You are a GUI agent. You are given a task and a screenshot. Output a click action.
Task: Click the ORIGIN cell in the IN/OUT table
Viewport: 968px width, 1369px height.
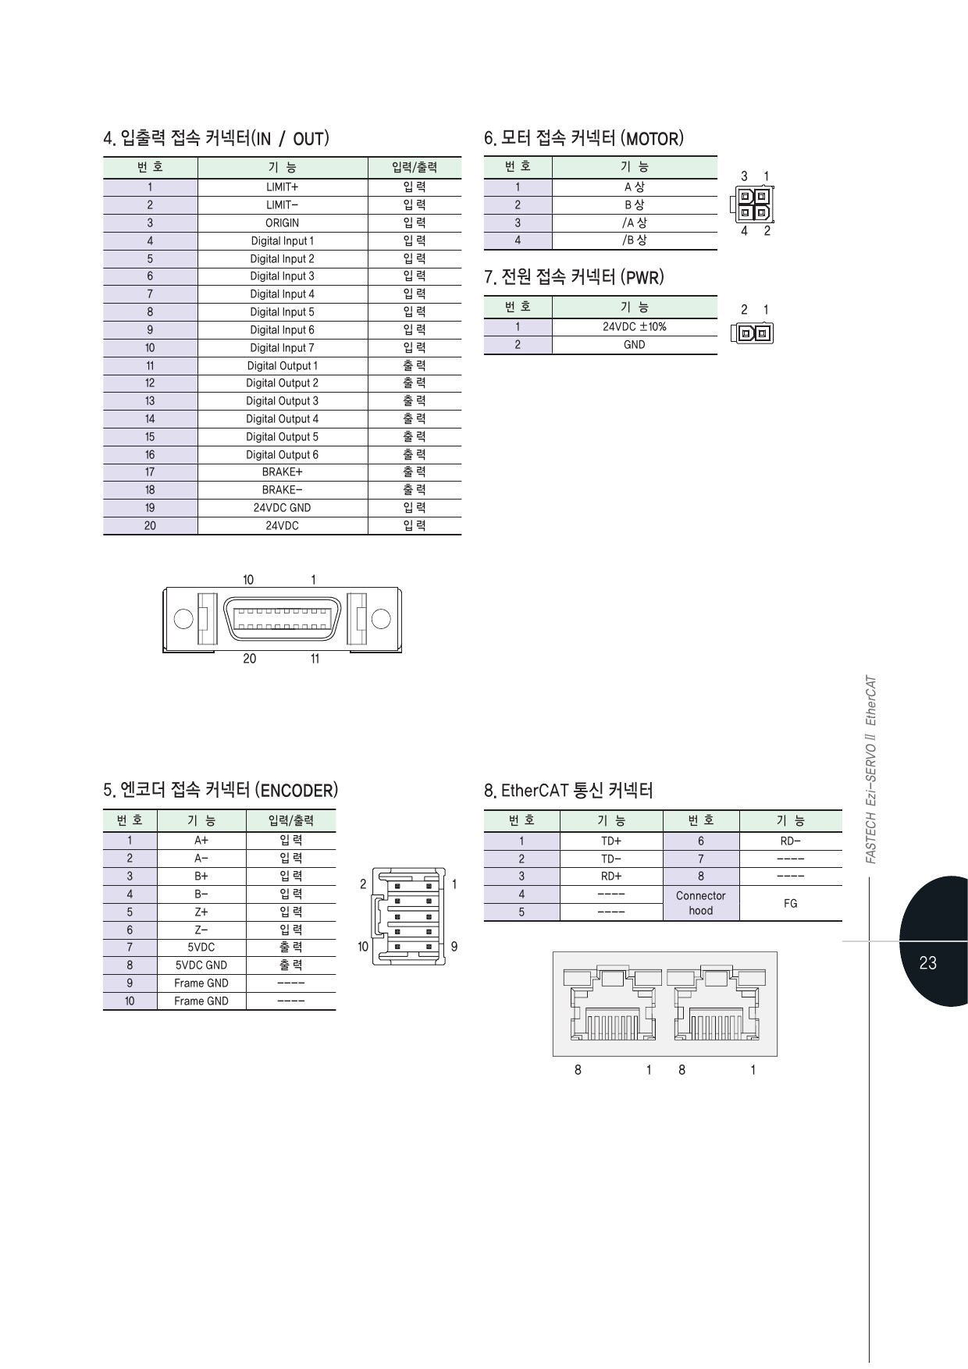(282, 223)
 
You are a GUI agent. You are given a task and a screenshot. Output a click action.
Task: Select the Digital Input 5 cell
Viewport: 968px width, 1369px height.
(282, 312)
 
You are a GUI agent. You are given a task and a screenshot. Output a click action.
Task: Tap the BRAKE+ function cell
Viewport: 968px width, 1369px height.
(282, 472)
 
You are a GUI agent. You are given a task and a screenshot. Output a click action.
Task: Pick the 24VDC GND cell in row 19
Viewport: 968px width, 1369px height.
(282, 508)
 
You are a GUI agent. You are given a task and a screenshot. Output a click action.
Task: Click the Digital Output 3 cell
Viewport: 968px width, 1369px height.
(282, 401)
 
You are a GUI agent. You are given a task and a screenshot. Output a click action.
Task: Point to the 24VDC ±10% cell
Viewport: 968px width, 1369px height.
(634, 327)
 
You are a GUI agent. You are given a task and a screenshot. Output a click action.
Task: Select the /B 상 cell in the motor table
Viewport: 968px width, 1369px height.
(634, 240)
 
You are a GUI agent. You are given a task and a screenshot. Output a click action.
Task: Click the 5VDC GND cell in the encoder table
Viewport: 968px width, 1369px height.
(201, 965)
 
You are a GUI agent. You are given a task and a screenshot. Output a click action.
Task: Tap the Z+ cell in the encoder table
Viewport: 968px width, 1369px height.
(201, 912)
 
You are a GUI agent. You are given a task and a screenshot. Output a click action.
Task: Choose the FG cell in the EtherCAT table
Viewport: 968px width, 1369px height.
(790, 904)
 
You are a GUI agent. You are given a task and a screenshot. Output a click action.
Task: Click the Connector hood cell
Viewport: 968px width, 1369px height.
(700, 904)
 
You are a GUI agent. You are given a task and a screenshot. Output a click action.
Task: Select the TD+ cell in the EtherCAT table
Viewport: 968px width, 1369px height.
(610, 841)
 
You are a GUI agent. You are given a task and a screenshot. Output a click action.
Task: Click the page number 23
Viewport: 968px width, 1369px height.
(927, 963)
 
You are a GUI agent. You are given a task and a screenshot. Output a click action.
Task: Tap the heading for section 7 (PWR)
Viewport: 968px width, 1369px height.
(574, 278)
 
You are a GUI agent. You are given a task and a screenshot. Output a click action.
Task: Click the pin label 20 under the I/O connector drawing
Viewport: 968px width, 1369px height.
(249, 659)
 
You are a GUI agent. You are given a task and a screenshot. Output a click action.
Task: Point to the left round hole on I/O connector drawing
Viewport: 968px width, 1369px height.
(183, 619)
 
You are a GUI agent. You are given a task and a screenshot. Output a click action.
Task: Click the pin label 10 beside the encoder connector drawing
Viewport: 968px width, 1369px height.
(363, 947)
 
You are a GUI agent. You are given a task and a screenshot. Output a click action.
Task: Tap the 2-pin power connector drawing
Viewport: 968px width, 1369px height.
(753, 334)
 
